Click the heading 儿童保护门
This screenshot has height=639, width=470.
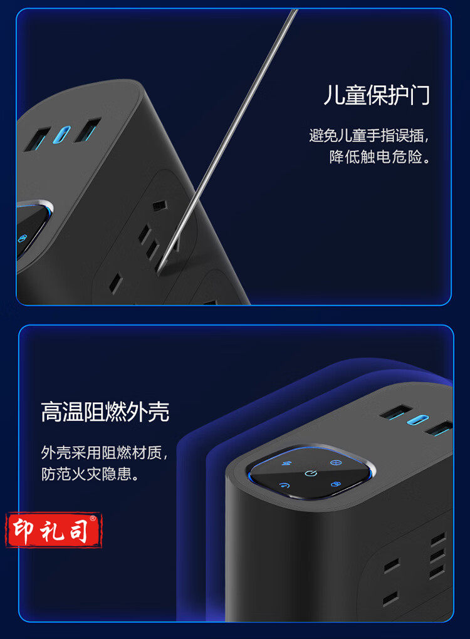[377, 95]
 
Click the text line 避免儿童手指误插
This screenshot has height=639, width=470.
[368, 135]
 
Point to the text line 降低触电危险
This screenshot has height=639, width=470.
[380, 157]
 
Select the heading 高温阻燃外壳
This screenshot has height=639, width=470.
[105, 412]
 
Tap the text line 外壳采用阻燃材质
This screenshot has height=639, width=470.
[104, 452]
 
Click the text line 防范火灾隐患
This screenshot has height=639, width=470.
[90, 474]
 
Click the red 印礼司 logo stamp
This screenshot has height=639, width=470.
[53, 529]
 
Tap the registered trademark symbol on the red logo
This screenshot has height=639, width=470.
[93, 518]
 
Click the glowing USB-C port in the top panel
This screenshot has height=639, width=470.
[61, 135]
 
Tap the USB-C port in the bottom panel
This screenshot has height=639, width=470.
[418, 420]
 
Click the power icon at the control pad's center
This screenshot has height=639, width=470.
[311, 473]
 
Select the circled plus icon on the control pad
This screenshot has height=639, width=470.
[335, 462]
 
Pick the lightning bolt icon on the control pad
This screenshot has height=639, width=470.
[287, 464]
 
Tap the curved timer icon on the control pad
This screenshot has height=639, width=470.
[284, 485]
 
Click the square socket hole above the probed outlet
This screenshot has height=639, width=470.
[160, 205]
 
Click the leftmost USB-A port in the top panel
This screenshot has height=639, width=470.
[37, 140]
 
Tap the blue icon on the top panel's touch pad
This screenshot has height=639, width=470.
[22, 238]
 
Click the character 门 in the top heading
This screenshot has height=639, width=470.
[420, 95]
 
